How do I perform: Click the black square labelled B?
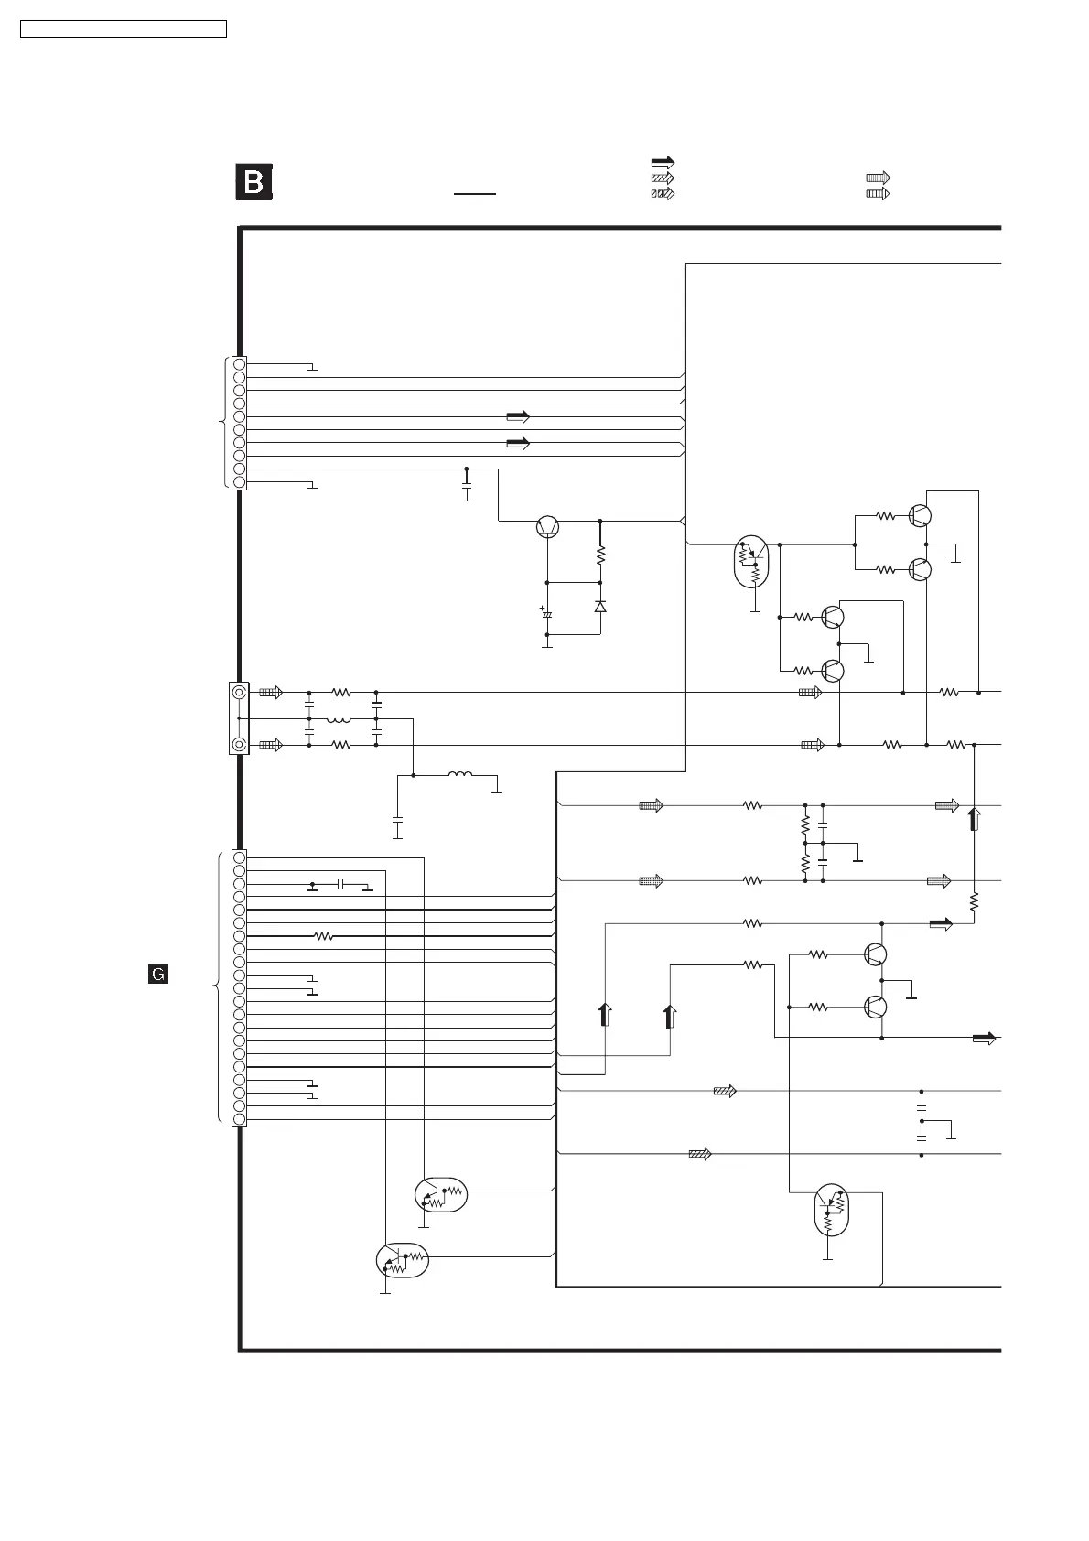(254, 182)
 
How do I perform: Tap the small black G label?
(157, 975)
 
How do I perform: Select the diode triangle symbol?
(600, 607)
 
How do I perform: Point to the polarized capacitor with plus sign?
(547, 614)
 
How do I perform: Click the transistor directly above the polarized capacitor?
(547, 527)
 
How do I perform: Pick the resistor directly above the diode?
(600, 555)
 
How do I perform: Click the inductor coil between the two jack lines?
(339, 719)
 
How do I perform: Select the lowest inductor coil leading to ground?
(459, 776)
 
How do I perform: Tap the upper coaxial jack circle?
(239, 693)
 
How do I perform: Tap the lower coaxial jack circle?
(239, 745)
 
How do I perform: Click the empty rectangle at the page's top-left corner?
(124, 29)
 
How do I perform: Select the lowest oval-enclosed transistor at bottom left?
(403, 1260)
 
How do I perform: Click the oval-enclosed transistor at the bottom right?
(831, 1210)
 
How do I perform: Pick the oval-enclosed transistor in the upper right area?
(753, 563)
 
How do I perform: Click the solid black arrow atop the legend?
(662, 163)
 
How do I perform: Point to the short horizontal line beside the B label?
(474, 195)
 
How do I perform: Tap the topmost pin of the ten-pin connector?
(239, 363)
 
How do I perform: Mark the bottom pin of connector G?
(239, 1119)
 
